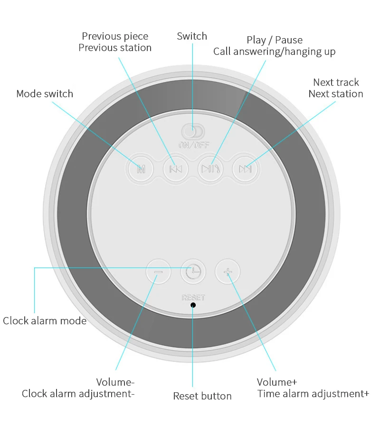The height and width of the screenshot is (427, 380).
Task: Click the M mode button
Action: click(141, 169)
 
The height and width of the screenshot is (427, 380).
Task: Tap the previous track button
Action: click(175, 169)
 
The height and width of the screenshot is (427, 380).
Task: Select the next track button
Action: click(245, 169)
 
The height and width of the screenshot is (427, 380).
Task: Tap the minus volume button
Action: click(158, 272)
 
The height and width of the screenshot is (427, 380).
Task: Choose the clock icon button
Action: click(193, 272)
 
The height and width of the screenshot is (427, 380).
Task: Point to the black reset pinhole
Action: click(193, 305)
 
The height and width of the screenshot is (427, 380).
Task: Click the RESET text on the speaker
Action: click(193, 298)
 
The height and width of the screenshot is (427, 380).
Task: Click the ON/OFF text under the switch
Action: click(193, 144)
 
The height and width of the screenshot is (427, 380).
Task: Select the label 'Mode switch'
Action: click(45, 94)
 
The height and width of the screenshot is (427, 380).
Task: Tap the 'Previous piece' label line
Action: click(115, 36)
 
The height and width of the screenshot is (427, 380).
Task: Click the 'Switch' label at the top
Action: click(192, 36)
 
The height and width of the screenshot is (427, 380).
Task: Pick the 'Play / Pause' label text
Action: click(275, 40)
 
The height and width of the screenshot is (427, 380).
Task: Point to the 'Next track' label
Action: click(336, 82)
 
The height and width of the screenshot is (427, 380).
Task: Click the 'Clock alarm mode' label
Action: click(45, 321)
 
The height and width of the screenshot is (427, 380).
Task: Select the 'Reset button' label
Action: click(202, 396)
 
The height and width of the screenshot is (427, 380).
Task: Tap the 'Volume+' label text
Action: click(277, 382)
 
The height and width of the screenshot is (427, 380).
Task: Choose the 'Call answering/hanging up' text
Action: click(275, 52)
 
